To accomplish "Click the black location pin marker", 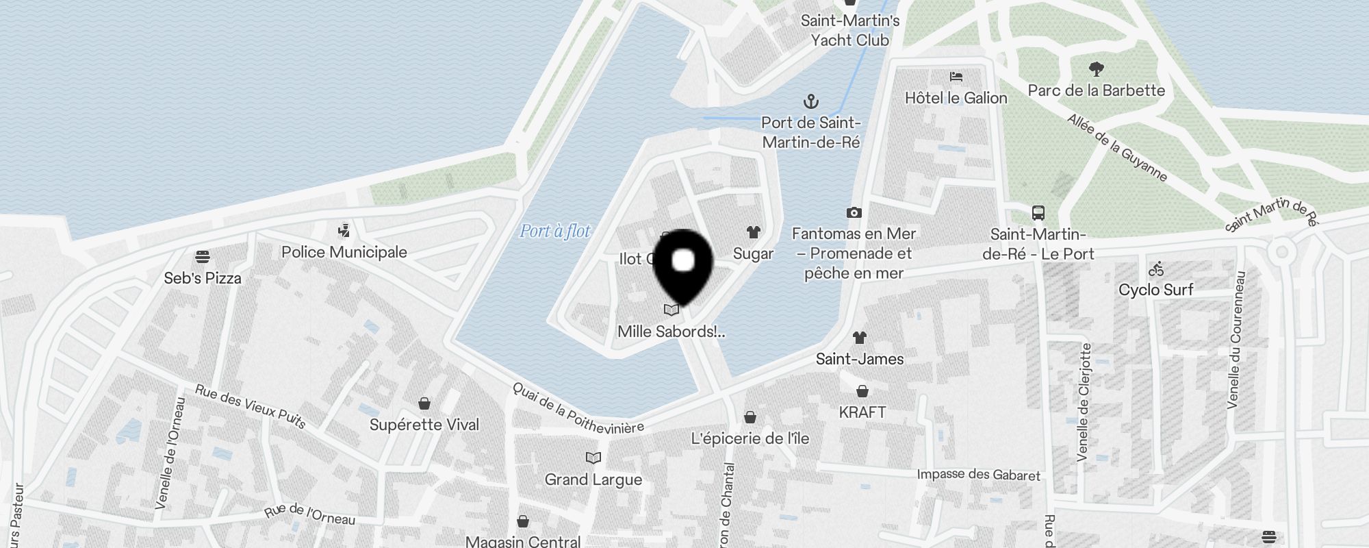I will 683,264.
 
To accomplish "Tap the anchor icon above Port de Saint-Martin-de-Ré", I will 811,102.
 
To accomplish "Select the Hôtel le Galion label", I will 956,98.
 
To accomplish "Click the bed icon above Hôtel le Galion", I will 956,77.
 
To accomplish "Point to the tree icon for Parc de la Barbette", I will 1096,69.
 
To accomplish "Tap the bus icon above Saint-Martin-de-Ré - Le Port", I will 1038,212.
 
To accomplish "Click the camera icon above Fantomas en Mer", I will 854,213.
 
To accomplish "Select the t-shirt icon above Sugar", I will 753,232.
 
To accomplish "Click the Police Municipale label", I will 344,252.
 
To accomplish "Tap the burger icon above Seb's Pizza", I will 202,257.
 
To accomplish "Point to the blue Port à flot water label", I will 554,232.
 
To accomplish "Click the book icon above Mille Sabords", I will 671,310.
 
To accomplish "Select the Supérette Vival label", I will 424,425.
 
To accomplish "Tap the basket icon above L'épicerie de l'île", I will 750,417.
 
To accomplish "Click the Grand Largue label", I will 593,480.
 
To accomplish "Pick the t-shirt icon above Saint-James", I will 860,338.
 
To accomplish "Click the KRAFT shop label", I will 862,412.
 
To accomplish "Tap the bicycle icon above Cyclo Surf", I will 1156,269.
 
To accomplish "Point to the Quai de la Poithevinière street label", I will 578,409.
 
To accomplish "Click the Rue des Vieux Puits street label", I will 251,406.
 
